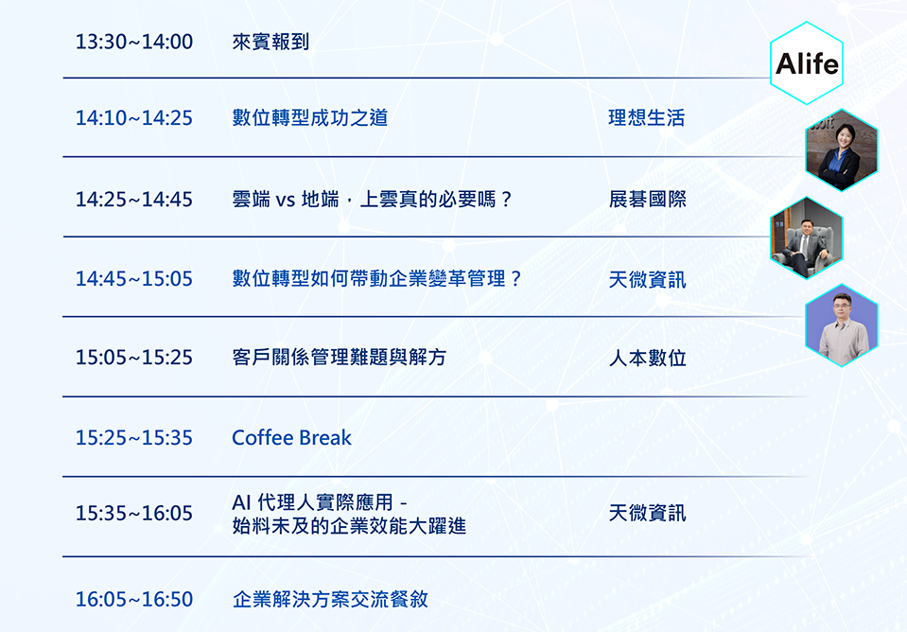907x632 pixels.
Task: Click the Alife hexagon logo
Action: coord(807,63)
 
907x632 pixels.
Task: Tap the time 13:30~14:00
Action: coord(134,42)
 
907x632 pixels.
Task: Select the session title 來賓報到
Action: coord(270,42)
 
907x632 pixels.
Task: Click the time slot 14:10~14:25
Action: coord(134,118)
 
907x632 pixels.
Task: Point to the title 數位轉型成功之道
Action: coord(310,118)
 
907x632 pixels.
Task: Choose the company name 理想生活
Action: coord(647,118)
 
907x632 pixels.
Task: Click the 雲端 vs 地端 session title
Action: coord(373,200)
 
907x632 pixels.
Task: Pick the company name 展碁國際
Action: coord(647,200)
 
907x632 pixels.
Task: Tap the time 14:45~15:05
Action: coord(134,279)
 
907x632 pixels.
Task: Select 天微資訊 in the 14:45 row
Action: coord(647,280)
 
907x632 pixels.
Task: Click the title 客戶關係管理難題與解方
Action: coord(339,357)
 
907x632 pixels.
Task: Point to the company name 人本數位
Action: coord(647,359)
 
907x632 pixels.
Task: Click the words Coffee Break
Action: coord(291,437)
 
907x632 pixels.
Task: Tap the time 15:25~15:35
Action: coord(134,437)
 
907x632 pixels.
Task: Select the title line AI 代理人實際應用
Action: coord(320,501)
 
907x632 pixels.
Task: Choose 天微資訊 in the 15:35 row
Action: coord(647,513)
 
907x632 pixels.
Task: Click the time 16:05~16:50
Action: coord(134,600)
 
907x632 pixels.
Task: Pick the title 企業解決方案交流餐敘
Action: coord(330,599)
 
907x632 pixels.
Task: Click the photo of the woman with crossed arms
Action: coord(842,149)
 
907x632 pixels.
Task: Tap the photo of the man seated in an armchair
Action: coord(807,237)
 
